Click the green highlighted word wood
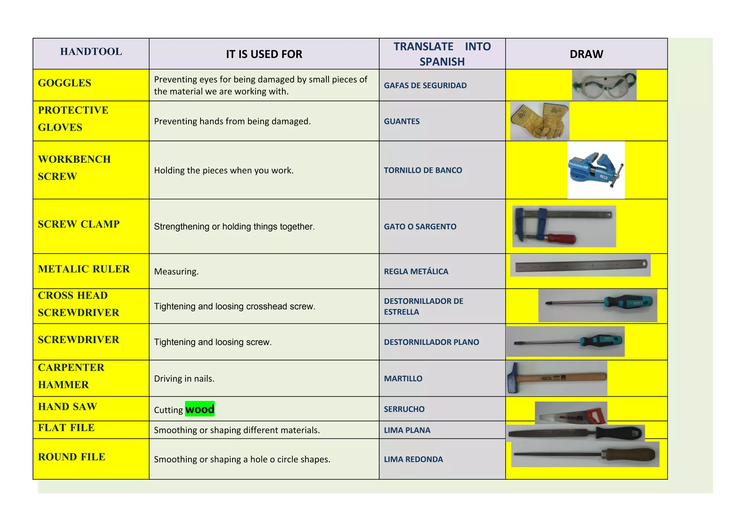(x=199, y=409)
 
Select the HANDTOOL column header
(x=91, y=52)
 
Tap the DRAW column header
(x=586, y=54)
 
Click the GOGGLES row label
(x=65, y=83)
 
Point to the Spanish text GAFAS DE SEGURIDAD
(x=425, y=86)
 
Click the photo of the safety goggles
(x=604, y=85)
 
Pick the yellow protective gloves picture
(x=539, y=121)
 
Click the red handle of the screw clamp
(x=561, y=239)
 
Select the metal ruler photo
(x=580, y=265)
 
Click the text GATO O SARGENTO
(x=420, y=227)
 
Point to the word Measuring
(x=176, y=272)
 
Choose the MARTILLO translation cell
(x=403, y=379)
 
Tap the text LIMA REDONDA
(x=413, y=459)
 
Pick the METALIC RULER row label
(x=84, y=269)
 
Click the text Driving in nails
(x=184, y=379)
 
